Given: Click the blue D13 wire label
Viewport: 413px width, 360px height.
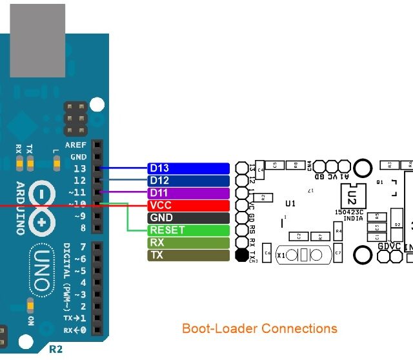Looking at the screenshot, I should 188,168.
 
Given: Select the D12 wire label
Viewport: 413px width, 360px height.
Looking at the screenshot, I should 188,181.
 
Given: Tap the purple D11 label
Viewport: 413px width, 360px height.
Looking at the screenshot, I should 188,193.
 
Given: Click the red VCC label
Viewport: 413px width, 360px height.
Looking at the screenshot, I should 188,205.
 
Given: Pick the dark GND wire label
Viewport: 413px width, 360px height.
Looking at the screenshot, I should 188,218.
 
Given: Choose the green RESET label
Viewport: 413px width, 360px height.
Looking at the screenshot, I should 188,230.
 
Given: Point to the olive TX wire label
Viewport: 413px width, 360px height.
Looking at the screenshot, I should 188,255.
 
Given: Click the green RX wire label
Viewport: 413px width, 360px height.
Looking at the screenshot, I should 188,243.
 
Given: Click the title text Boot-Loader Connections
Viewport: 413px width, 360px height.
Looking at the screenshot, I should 259,328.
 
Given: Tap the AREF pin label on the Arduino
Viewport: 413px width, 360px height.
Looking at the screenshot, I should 76,146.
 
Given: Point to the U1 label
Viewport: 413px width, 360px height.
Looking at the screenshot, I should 290,203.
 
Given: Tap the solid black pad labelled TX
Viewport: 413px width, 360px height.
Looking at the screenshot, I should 242,255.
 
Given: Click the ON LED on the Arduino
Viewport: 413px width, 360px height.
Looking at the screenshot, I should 29,305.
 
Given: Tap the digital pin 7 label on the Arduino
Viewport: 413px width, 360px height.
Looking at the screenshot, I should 83,247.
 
